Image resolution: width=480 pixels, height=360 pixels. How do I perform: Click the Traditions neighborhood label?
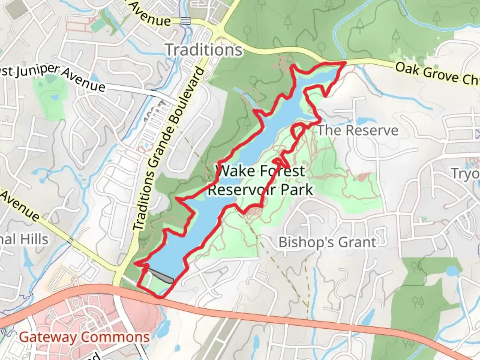(x=204, y=50)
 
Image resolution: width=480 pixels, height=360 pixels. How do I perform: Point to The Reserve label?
(x=358, y=130)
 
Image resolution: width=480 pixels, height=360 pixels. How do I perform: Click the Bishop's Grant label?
(x=327, y=242)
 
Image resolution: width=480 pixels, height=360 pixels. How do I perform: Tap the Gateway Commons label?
(x=84, y=337)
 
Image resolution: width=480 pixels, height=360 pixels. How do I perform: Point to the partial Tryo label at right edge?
(x=465, y=174)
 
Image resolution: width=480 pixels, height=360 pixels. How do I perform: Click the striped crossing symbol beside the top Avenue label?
(x=186, y=21)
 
